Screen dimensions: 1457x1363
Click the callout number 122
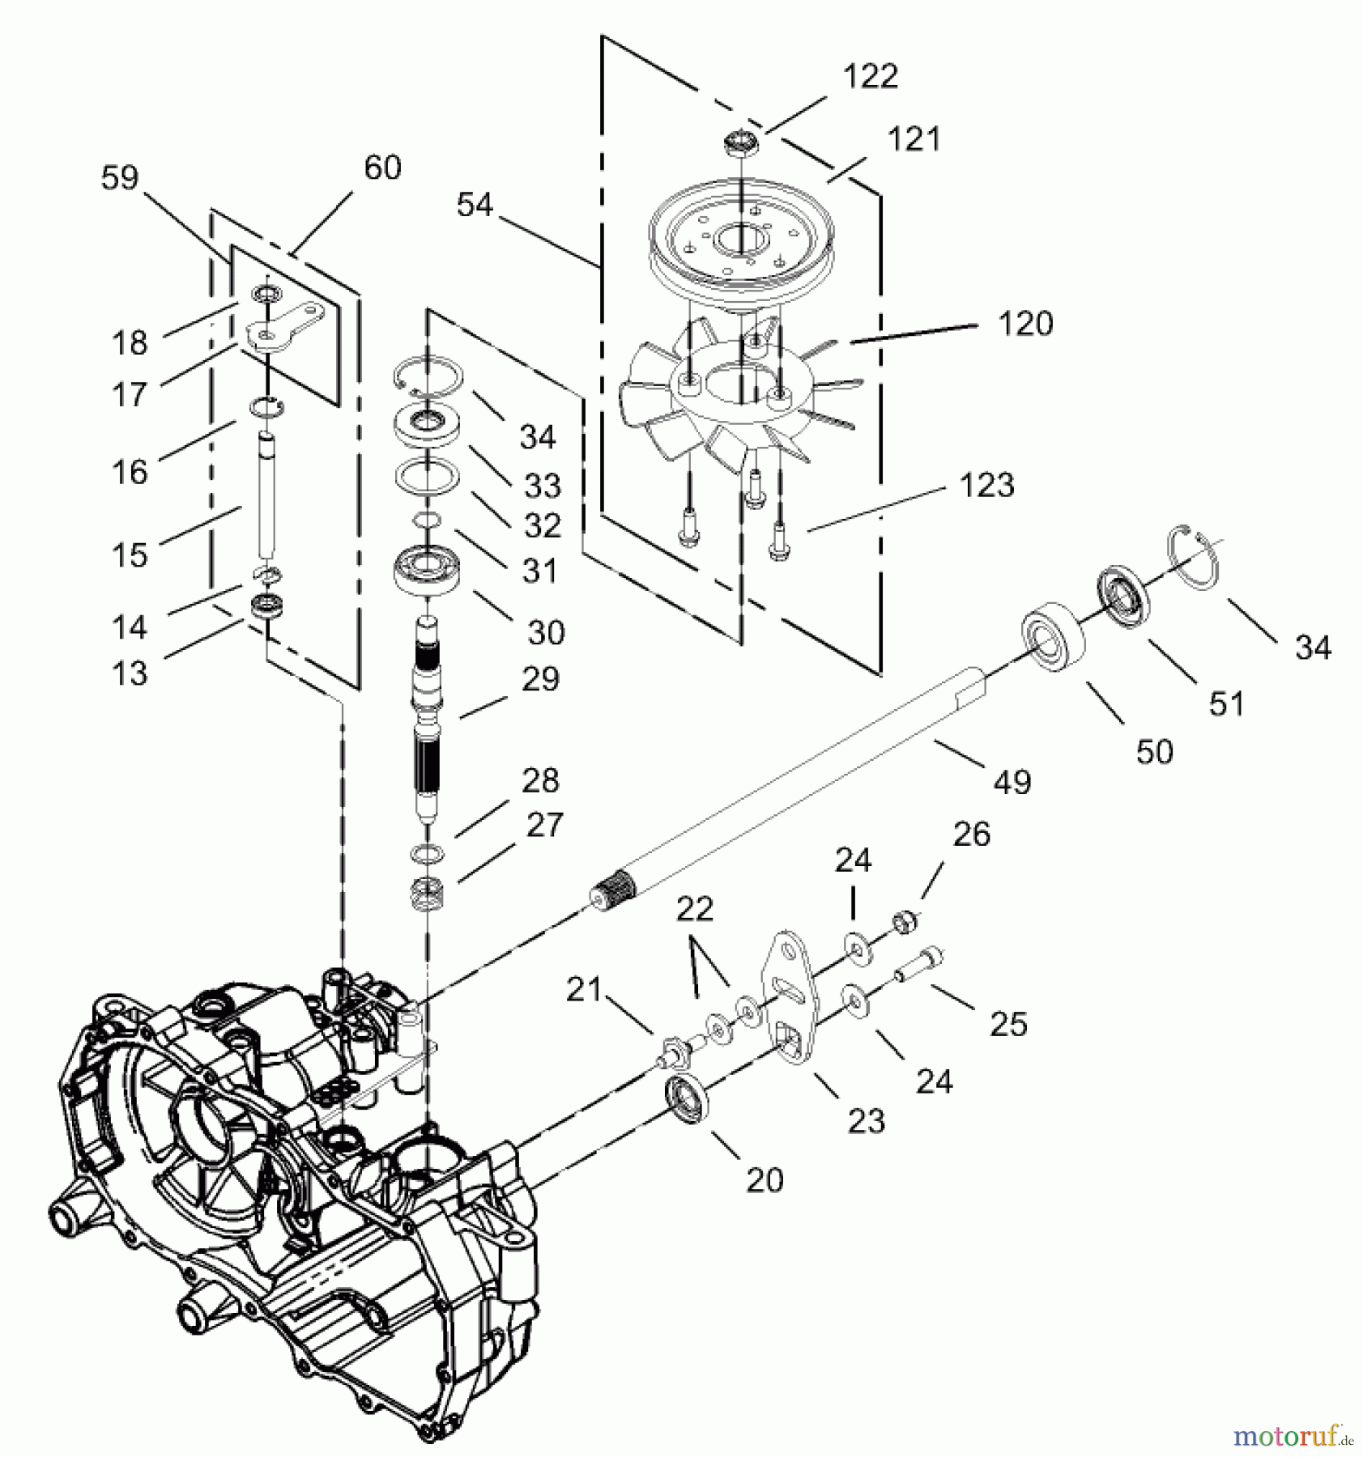(870, 77)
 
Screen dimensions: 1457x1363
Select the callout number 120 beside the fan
(1024, 324)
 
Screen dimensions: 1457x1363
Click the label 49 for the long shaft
(1012, 782)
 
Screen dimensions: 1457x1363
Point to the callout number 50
(1154, 751)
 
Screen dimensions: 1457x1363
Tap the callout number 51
(1225, 703)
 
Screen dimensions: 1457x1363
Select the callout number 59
(120, 177)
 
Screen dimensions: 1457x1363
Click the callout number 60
(382, 168)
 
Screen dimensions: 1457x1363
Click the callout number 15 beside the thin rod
(130, 555)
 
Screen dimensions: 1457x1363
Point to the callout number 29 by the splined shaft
(540, 678)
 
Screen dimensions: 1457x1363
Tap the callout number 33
(542, 486)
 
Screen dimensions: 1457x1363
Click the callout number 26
(971, 834)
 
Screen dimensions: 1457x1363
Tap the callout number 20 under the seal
(765, 1180)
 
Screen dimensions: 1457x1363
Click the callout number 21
(583, 989)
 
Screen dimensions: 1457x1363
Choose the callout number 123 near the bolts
(986, 485)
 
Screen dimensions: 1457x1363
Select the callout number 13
(130, 673)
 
